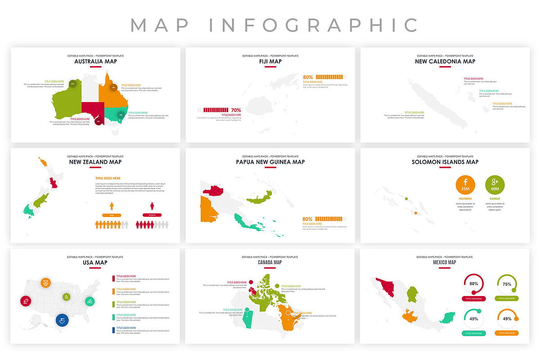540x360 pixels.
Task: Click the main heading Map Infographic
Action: [x=274, y=25]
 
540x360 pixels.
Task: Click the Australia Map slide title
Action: [x=95, y=61]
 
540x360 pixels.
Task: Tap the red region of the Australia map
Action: [x=92, y=110]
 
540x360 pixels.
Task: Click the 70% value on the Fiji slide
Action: [x=236, y=110]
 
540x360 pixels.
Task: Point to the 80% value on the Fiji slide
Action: [x=308, y=77]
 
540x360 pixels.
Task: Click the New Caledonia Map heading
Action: [x=445, y=61]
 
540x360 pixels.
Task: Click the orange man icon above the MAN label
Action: [x=112, y=206]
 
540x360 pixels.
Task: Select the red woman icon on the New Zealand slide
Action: [x=152, y=206]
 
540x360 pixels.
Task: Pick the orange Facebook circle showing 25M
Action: [x=465, y=184]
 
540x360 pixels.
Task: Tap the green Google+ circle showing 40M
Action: [x=495, y=184]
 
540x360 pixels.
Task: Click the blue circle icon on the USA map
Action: [x=62, y=320]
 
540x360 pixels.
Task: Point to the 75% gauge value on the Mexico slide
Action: [x=507, y=284]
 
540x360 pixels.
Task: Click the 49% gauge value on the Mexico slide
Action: [x=507, y=319]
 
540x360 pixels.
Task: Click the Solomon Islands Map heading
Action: [x=445, y=162]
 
